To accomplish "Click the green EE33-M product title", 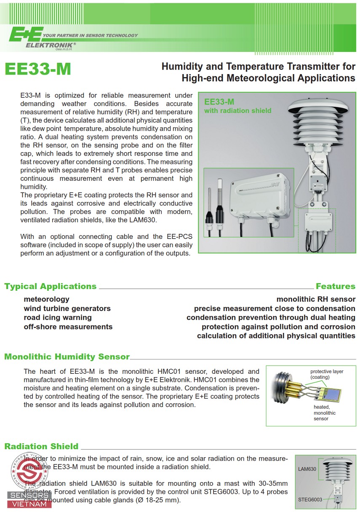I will (x=37, y=70).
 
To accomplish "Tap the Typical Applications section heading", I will (x=51, y=287).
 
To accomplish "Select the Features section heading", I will (x=335, y=287).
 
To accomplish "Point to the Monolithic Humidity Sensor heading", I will (x=67, y=357).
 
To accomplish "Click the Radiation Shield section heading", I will (x=41, y=446).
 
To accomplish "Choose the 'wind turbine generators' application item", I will (x=67, y=308).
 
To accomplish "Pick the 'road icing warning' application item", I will (x=58, y=317).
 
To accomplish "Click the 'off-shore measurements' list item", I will (x=68, y=327).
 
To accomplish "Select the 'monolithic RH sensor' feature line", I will (x=316, y=299).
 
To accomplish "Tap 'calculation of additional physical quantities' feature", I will (x=276, y=336).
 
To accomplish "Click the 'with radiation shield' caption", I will (x=237, y=111).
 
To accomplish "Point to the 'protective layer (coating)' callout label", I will (x=327, y=374).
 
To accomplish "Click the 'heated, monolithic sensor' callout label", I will (x=324, y=413).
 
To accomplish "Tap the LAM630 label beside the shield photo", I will (x=307, y=469).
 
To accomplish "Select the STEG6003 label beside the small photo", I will (x=310, y=500).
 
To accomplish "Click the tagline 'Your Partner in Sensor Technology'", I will (x=90, y=35).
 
